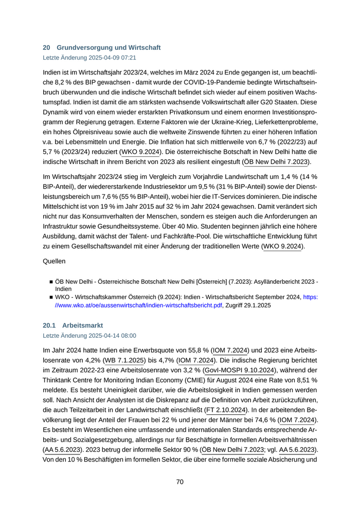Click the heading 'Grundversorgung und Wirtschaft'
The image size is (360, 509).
(109, 47)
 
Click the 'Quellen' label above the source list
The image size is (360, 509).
(54, 261)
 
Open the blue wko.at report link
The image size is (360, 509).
(180, 305)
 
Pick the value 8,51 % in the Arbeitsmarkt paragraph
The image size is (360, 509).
(302, 383)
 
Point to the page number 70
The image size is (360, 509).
(180, 482)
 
